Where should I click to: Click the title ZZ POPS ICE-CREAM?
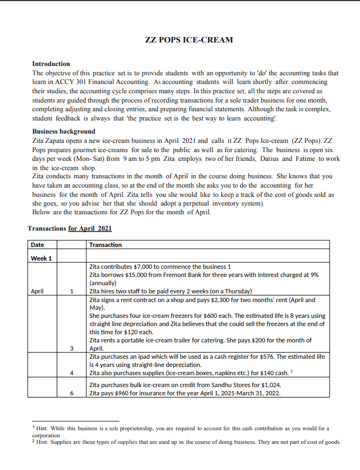189,40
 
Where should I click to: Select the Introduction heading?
51,64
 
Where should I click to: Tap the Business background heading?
64,131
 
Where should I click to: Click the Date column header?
38,245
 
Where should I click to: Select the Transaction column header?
105,245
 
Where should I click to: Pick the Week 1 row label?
41,258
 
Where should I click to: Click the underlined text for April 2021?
90,228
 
